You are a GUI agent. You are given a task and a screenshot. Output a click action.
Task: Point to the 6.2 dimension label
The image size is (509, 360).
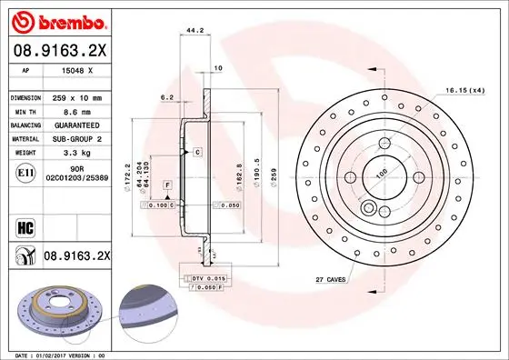166,96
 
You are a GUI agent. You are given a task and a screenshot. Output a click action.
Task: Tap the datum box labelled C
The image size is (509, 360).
197,152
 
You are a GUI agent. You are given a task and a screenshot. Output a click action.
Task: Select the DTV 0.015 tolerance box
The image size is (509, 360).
201,277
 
